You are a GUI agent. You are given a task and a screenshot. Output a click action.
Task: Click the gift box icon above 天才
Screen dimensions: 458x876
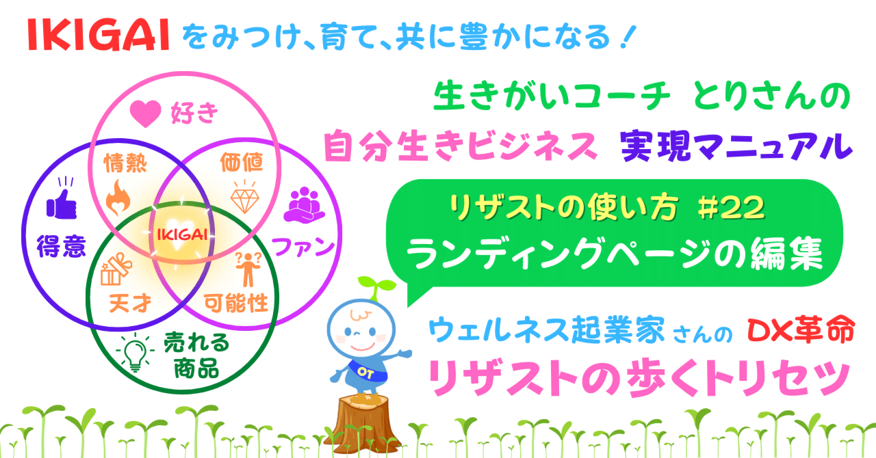point(114,269)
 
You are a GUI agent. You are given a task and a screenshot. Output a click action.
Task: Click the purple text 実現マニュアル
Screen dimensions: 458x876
point(736,146)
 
